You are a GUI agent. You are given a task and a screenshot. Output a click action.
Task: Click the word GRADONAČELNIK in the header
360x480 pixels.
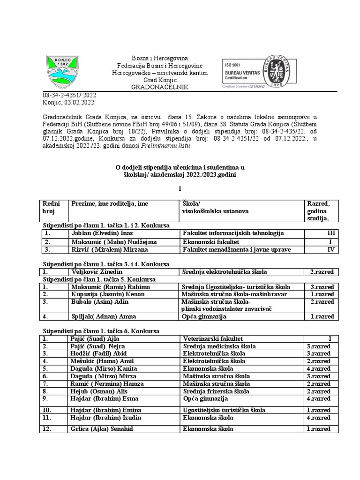click(159, 87)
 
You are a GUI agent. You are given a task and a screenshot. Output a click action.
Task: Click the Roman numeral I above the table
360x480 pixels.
click(180, 189)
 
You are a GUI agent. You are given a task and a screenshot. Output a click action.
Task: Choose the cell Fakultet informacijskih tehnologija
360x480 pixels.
click(233, 233)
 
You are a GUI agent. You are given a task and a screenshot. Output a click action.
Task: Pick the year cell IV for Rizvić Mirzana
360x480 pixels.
click(330, 249)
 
